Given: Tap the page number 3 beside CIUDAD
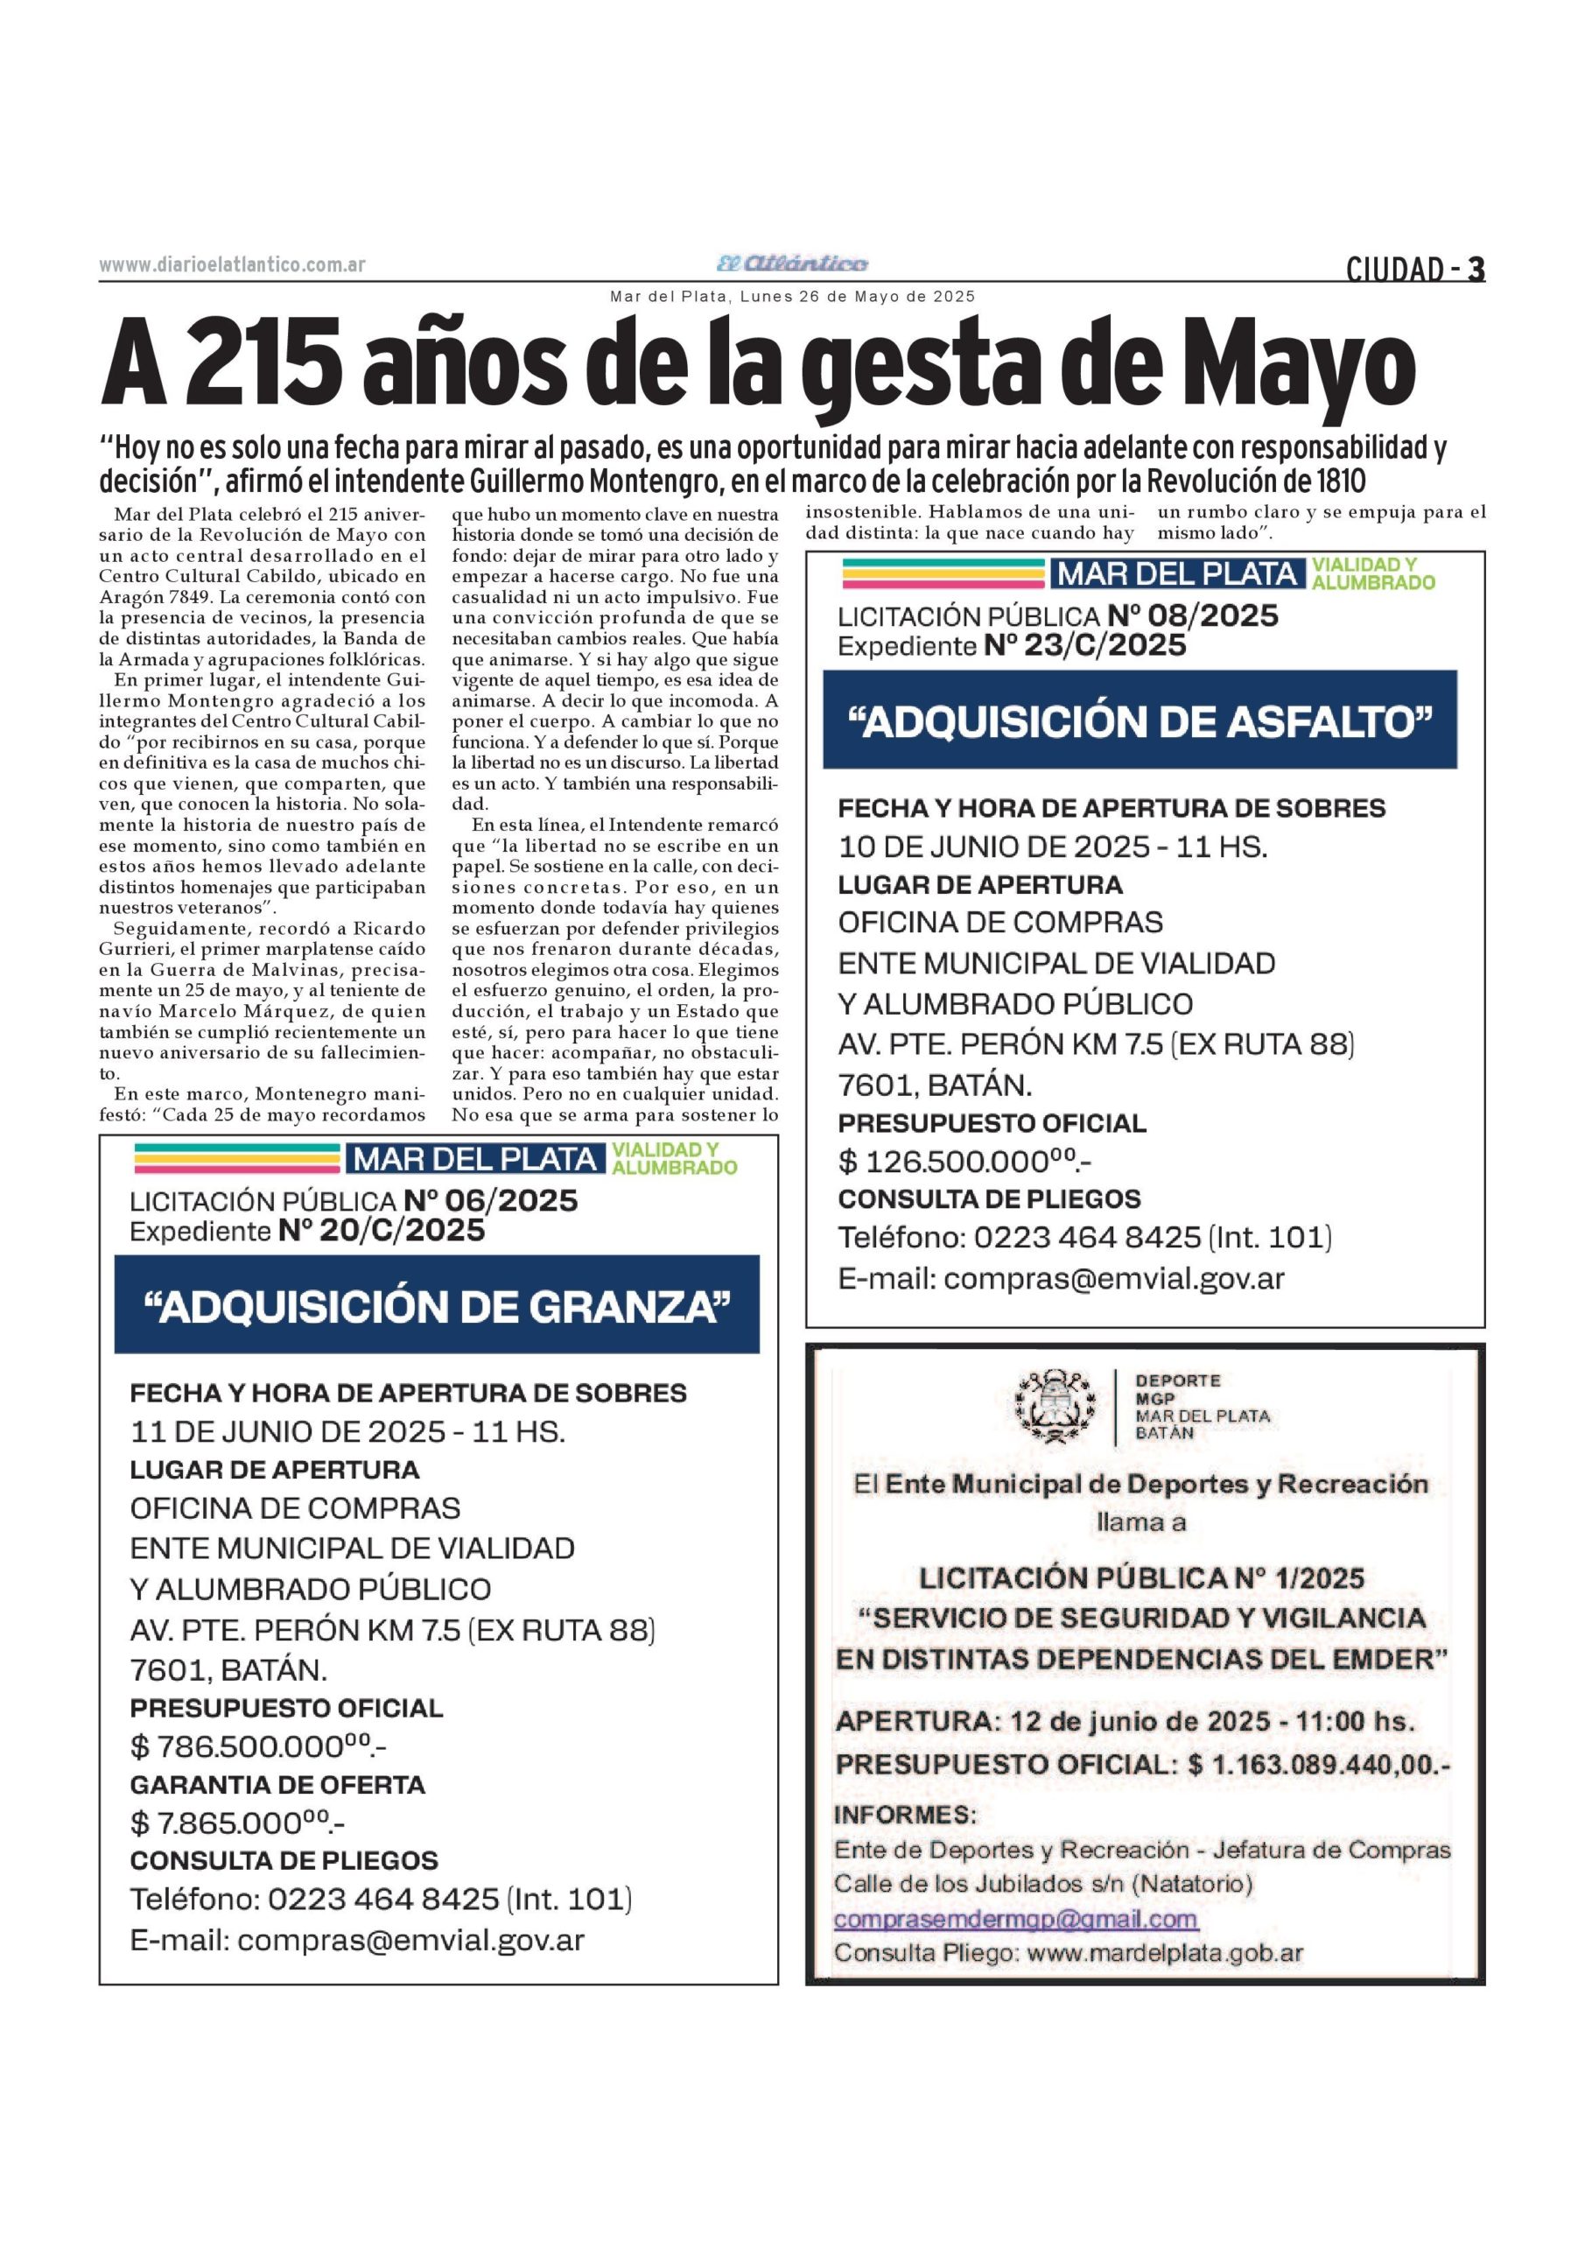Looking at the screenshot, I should pos(1476,269).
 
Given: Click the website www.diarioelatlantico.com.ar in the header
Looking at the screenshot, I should pos(232,264).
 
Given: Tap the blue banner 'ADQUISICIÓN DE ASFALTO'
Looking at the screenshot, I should pos(1139,720).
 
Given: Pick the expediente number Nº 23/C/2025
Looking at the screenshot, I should pos(1085,645).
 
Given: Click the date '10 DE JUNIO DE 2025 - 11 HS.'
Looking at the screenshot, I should pos(1052,847).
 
